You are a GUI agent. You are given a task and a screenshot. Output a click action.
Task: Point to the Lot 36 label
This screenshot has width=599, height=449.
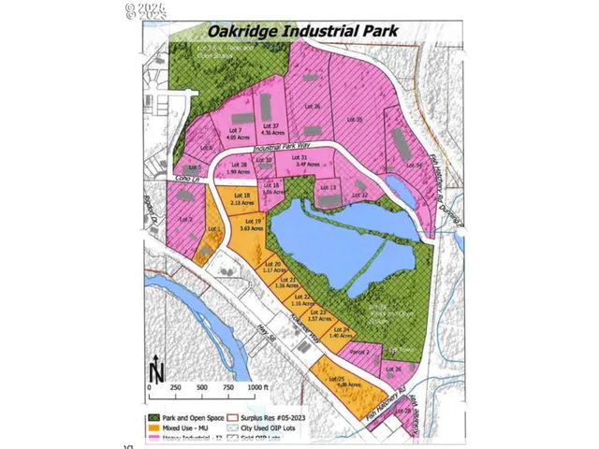(x=314, y=107)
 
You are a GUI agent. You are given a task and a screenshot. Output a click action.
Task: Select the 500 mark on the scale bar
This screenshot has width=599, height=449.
(x=202, y=386)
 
